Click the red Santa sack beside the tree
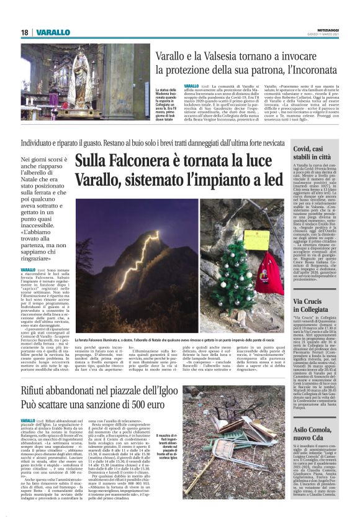[269, 274]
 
